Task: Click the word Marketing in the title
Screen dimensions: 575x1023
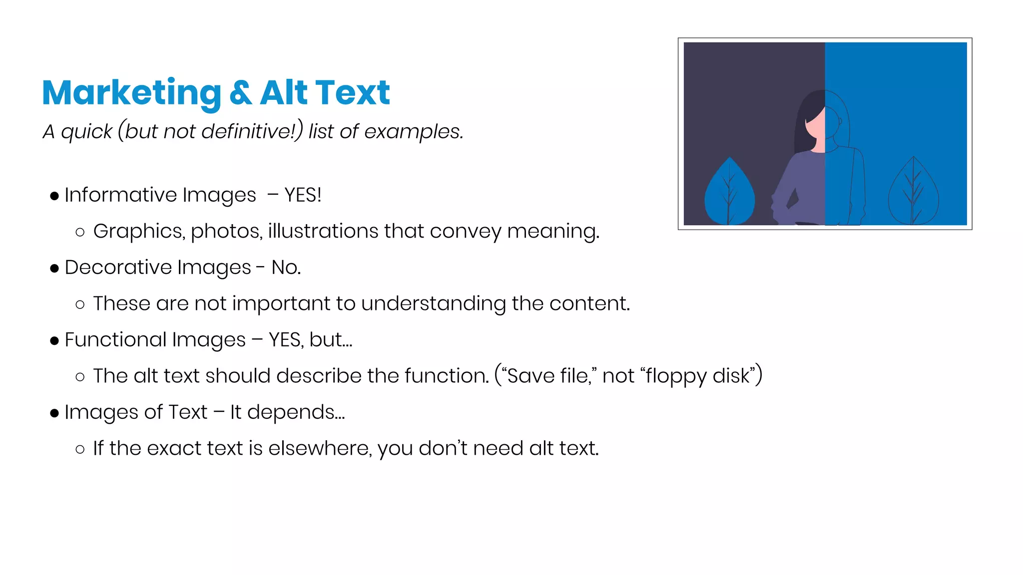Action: point(131,93)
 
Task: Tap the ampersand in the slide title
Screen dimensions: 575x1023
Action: point(241,93)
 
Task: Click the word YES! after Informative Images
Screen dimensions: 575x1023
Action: point(303,195)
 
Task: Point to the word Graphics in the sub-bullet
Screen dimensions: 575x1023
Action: point(138,231)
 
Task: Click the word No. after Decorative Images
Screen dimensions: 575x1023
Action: point(286,268)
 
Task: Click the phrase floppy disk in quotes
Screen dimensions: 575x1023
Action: point(698,376)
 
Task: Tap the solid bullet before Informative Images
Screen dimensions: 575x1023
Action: point(54,196)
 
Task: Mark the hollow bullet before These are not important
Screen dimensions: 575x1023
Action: point(80,304)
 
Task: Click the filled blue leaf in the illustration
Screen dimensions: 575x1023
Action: point(729,192)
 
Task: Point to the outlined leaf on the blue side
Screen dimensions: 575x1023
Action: point(913,192)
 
